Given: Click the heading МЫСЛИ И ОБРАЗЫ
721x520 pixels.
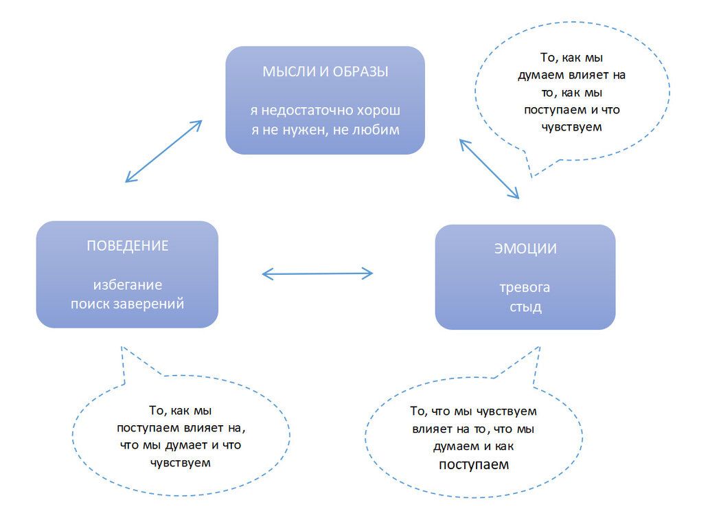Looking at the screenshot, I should click(x=325, y=71).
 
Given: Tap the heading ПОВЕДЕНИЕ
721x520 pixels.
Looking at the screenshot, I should click(x=127, y=246).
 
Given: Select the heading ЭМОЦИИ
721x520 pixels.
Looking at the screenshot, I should click(x=525, y=249).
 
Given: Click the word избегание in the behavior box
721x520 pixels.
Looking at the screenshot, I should click(x=128, y=284).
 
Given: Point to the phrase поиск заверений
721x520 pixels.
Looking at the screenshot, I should click(x=128, y=304).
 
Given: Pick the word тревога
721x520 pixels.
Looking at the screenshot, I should click(x=525, y=287).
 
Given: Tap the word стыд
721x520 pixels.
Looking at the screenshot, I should click(x=525, y=307).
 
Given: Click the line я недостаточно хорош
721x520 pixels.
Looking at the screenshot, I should click(x=325, y=110).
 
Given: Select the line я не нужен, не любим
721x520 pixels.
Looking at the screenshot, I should click(x=325, y=129).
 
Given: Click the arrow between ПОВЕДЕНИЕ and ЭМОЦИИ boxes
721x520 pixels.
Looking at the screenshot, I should click(x=317, y=274).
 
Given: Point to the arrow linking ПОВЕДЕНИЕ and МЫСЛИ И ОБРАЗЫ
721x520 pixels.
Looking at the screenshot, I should click(x=163, y=151).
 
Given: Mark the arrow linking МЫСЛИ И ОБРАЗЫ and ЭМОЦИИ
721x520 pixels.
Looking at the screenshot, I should click(x=490, y=169).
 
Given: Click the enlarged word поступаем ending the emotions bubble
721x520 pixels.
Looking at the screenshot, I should click(x=474, y=464).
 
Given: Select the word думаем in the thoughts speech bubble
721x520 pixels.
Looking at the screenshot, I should click(x=541, y=75).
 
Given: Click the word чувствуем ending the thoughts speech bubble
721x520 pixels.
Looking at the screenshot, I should click(x=571, y=127).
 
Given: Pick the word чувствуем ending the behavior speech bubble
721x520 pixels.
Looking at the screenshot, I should click(x=180, y=462).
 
